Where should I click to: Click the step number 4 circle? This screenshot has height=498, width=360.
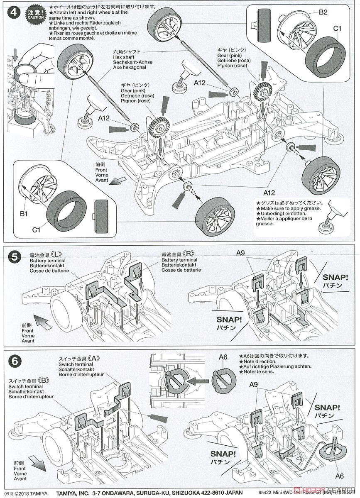pyautogui.click(x=14, y=12)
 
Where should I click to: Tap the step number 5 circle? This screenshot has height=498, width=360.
pyautogui.click(x=14, y=257)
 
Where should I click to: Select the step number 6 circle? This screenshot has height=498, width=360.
pyautogui.click(x=14, y=361)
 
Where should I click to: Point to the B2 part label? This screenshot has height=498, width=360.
pyautogui.click(x=323, y=12)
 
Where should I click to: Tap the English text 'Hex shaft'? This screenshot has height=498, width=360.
pyautogui.click(x=124, y=58)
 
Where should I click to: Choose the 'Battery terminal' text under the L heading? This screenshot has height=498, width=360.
pyautogui.click(x=47, y=260)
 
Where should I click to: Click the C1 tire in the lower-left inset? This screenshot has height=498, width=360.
pyautogui.click(x=66, y=212)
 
